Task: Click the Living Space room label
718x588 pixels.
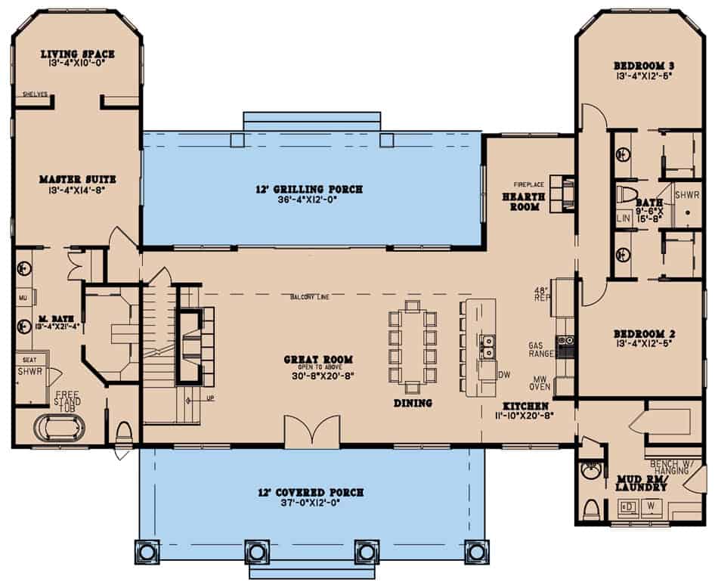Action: point(78,54)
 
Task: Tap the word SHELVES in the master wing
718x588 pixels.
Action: point(35,94)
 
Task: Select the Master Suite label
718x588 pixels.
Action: point(78,179)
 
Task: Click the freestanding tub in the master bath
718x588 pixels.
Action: point(60,428)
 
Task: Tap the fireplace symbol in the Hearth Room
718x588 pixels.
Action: point(562,193)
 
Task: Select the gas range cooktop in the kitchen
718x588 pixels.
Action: point(565,347)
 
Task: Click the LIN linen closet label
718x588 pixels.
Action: point(624,218)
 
